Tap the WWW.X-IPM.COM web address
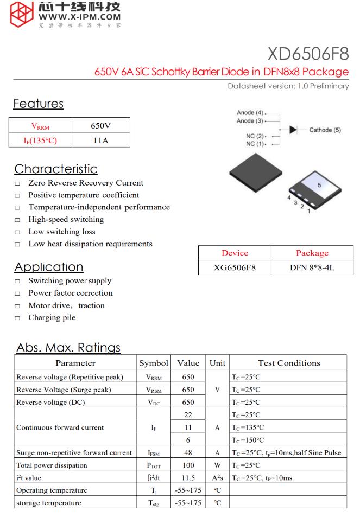pos(80,17)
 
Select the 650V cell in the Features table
pos(100,126)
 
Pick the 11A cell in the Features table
pos(100,141)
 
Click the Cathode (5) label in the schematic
pos(325,130)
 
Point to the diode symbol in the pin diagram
pos(293,130)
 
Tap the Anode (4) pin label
pos(250,113)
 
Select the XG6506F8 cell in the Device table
pos(235,267)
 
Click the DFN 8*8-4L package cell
pos(312,267)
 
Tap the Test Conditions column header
pos(288,363)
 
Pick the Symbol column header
pos(154,363)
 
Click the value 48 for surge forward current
pos(188,452)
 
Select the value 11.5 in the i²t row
pos(188,478)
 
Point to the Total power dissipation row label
pos(52,465)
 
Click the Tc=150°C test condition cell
pos(248,440)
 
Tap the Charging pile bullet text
pos(52,318)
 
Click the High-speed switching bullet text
pos(66,220)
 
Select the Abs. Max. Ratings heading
pos(68,347)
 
